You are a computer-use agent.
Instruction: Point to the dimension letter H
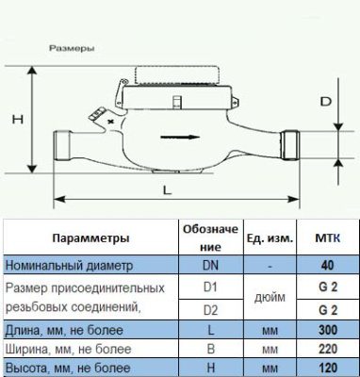pyautogui.click(x=16, y=119)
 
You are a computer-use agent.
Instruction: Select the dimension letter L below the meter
pyautogui.click(x=166, y=189)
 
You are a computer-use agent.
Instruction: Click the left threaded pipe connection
pyautogui.click(x=66, y=143)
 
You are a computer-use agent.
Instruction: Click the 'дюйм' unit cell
pyautogui.click(x=270, y=297)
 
